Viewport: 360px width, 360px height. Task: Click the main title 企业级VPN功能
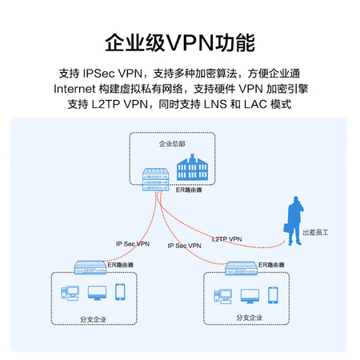(180, 43)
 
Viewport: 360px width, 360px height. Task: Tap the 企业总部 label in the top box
(172, 144)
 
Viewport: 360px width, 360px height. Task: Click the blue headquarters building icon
(192, 167)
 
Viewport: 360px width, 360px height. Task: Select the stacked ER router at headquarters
(156, 179)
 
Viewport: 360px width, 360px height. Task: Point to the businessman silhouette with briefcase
(294, 221)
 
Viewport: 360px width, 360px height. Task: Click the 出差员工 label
(315, 233)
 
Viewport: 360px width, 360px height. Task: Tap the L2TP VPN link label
(227, 239)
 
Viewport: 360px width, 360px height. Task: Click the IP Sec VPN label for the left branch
(133, 244)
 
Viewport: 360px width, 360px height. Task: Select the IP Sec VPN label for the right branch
(185, 246)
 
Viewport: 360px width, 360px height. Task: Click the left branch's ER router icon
(90, 267)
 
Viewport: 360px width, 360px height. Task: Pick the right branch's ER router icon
(242, 268)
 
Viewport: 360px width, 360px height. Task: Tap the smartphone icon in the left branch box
(120, 292)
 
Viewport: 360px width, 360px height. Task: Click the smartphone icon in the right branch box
(273, 295)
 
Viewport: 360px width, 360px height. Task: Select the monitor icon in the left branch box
(98, 293)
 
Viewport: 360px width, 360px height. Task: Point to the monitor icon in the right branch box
(250, 296)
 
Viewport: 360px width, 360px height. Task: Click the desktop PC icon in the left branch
(70, 293)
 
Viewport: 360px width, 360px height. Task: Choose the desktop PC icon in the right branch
(222, 296)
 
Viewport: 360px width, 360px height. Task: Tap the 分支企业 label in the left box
(94, 319)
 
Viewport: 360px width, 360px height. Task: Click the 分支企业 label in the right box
(250, 318)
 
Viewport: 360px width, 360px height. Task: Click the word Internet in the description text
(74, 89)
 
